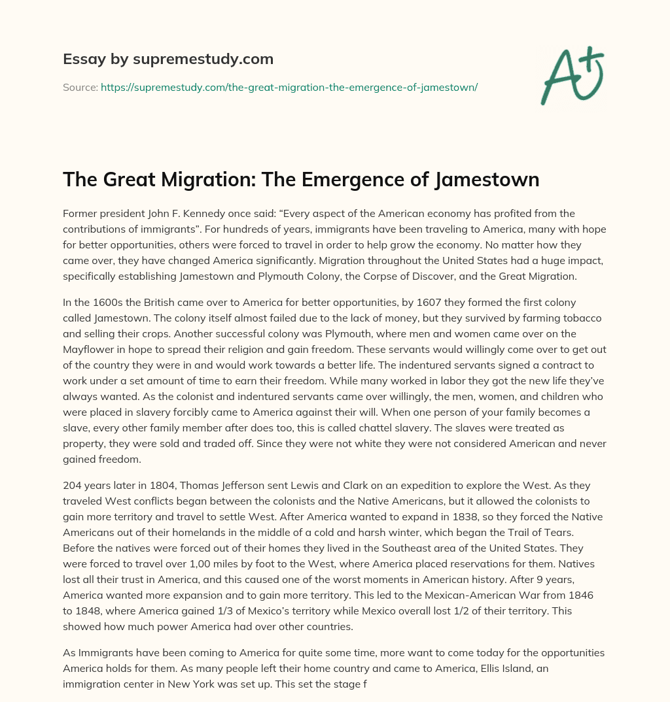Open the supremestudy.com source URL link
click(x=289, y=87)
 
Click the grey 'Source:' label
click(x=80, y=87)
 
